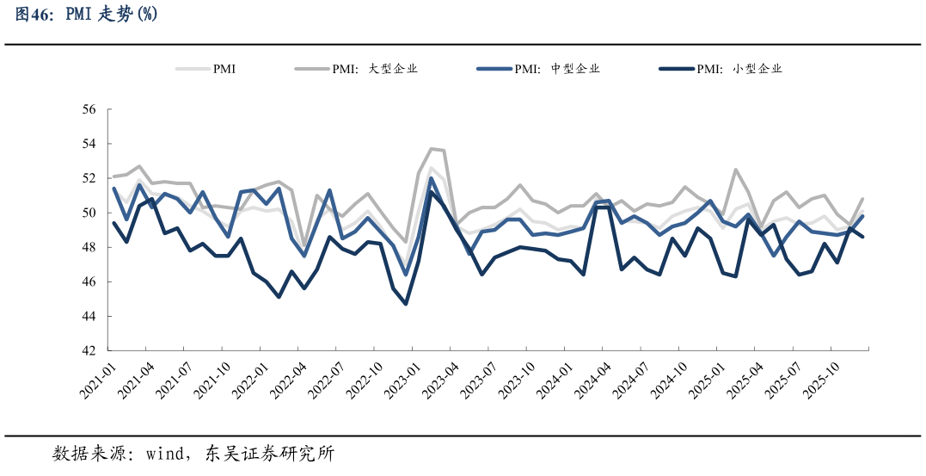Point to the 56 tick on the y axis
click(x=89, y=109)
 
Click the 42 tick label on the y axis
click(x=89, y=351)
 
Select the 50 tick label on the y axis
click(x=89, y=213)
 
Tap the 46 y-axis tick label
click(x=89, y=282)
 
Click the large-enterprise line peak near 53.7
click(x=432, y=149)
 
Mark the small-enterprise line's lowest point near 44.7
click(x=406, y=304)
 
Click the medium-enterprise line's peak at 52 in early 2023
click(x=431, y=178)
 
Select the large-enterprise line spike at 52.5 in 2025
click(x=735, y=170)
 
